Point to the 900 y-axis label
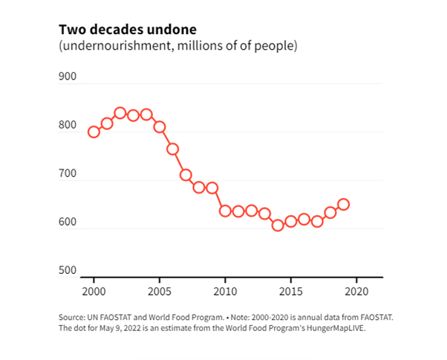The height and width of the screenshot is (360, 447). coord(68,77)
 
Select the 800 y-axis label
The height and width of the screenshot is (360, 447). coord(68,125)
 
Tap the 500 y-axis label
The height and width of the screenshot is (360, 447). coord(68,270)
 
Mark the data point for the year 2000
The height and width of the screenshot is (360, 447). coord(94,132)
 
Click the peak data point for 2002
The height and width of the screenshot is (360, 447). coord(120,113)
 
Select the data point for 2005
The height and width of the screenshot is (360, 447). coord(160,127)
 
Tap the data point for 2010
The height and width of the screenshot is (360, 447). coord(225,211)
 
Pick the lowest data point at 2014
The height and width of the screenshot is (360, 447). coord(278,225)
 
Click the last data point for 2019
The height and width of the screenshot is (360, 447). coord(343,204)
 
